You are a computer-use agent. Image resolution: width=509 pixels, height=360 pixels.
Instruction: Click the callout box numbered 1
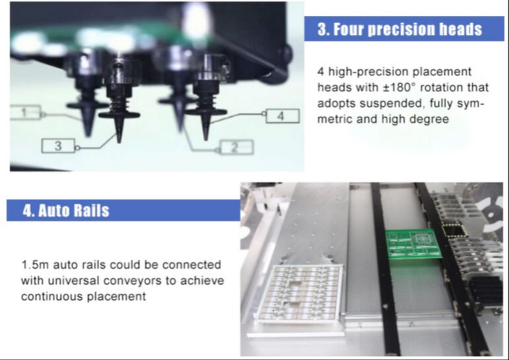(24, 112)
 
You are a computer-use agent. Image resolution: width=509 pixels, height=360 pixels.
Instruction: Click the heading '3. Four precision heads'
(399, 30)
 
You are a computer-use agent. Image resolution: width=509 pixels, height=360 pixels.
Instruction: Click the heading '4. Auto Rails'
(66, 211)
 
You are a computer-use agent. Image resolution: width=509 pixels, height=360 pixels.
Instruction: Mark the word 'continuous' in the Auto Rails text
(48, 297)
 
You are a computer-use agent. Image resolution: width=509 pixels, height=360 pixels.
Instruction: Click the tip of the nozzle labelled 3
(119, 140)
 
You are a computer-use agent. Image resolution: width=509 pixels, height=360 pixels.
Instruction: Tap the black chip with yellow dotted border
(453, 231)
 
